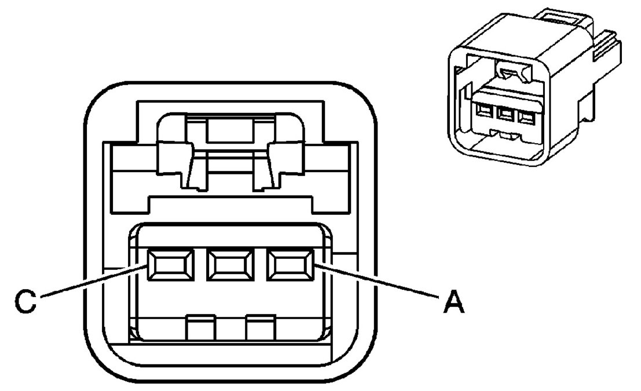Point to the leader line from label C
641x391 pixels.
93,284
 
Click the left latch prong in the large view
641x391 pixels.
175,163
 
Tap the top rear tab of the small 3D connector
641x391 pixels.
565,17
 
